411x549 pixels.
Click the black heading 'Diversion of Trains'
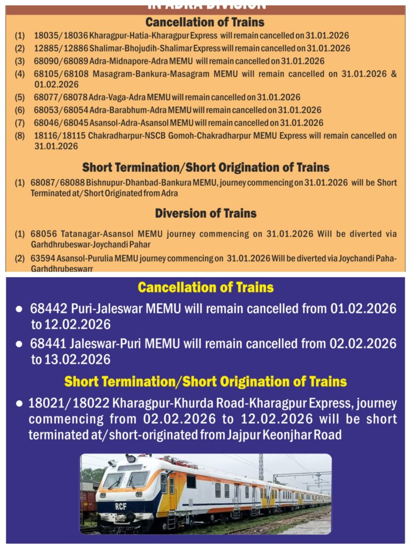point(205,213)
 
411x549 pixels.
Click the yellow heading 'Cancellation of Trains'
point(205,287)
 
